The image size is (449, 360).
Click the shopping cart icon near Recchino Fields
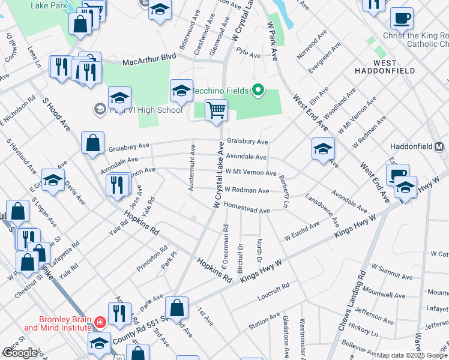point(216,110)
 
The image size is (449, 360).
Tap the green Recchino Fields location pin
point(258,91)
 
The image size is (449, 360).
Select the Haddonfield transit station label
point(420,146)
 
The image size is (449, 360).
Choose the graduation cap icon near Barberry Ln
point(323,149)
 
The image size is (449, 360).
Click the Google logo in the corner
point(20,353)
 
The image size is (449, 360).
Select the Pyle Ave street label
point(248,55)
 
